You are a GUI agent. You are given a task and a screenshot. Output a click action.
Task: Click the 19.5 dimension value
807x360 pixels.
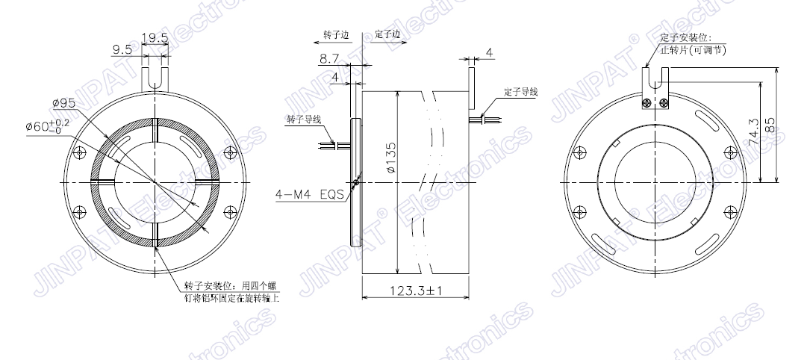pyautogui.click(x=155, y=37)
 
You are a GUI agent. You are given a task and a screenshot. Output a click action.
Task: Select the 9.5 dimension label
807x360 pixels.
pyautogui.click(x=122, y=49)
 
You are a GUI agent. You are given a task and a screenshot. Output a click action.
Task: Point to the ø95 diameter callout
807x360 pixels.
pyautogui.click(x=63, y=102)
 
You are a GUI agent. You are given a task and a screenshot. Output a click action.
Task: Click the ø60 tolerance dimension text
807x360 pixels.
pyautogui.click(x=49, y=125)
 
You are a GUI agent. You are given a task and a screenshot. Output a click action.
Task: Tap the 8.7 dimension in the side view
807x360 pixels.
pyautogui.click(x=329, y=59)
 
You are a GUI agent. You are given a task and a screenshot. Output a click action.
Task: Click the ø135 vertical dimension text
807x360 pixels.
pyautogui.click(x=390, y=158)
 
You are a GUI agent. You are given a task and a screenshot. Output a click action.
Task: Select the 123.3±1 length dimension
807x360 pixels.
pyautogui.click(x=416, y=291)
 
